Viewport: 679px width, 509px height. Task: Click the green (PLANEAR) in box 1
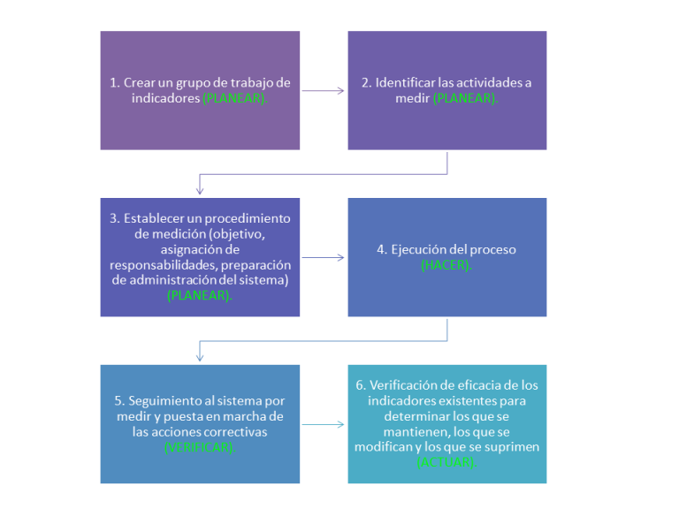click(235, 99)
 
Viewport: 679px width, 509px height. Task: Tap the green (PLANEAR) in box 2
click(465, 99)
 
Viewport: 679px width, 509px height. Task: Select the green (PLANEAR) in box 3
click(200, 296)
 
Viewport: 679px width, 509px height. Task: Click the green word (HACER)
click(446, 265)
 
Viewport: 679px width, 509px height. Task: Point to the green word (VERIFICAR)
click(200, 448)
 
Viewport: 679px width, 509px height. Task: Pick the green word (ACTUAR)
click(446, 462)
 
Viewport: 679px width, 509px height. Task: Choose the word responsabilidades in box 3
click(164, 264)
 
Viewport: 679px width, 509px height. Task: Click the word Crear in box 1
click(138, 83)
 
